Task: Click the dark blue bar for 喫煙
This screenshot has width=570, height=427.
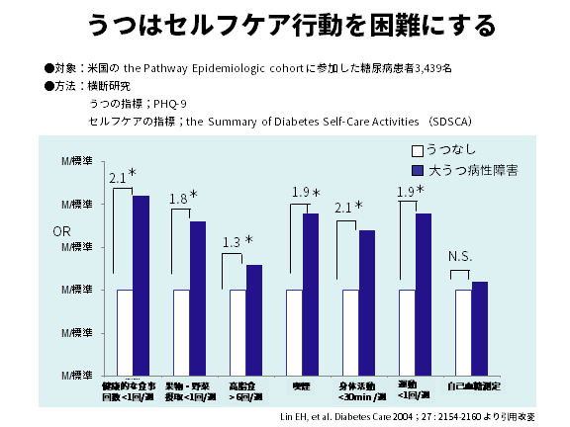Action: click(x=310, y=294)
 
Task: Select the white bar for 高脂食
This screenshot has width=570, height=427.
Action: click(x=237, y=331)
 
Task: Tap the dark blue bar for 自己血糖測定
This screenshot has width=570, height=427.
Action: click(x=479, y=327)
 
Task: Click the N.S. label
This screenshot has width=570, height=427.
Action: click(x=460, y=257)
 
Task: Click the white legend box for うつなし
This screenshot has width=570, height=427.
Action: click(x=418, y=150)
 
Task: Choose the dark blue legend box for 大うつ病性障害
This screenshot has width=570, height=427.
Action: click(x=418, y=170)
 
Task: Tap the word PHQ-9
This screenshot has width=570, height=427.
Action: click(x=177, y=102)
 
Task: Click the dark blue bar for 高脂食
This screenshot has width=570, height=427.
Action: click(x=253, y=319)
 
